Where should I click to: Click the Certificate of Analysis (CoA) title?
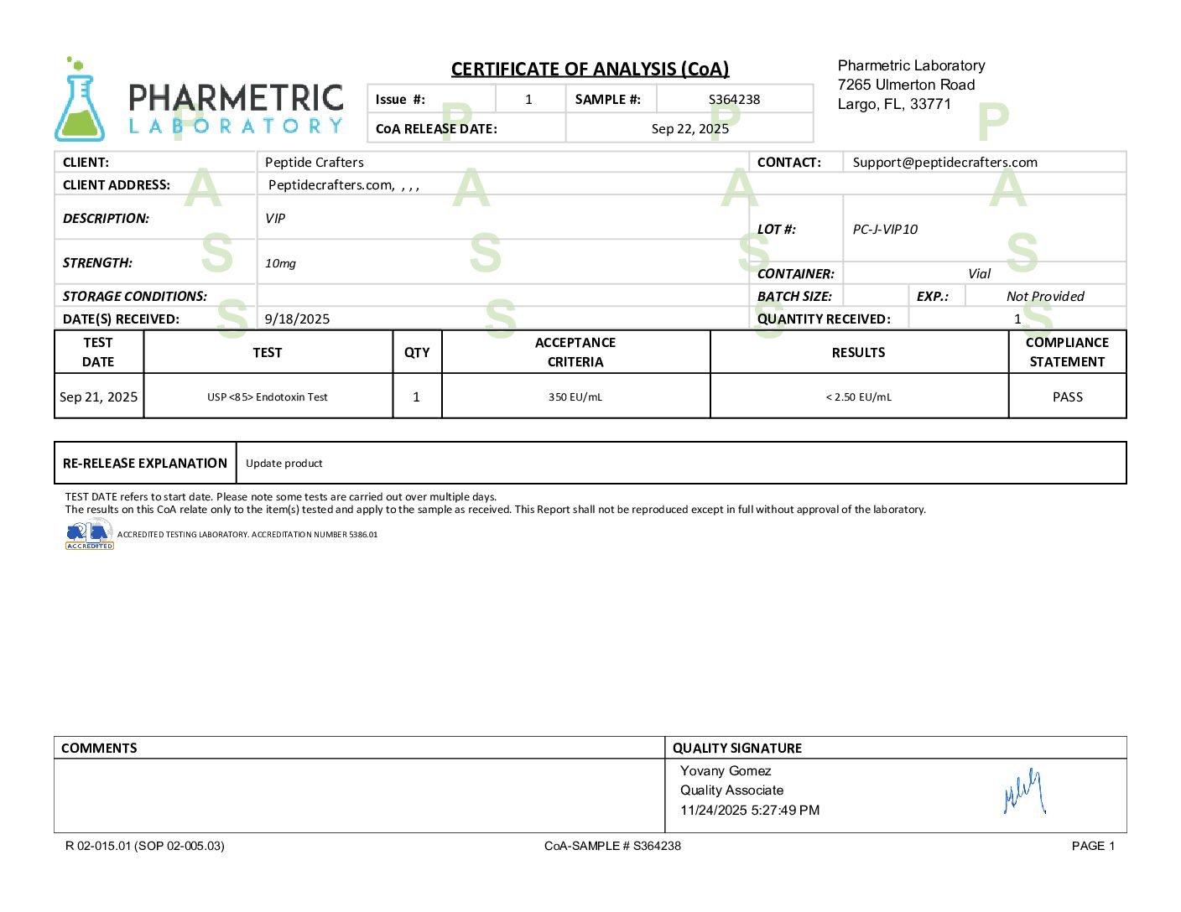[x=590, y=69]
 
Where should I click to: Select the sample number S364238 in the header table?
[x=734, y=99]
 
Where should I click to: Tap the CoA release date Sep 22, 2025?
[x=689, y=128]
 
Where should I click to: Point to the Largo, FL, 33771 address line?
[x=894, y=104]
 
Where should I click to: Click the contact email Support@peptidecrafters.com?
[x=944, y=162]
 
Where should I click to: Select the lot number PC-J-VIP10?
[x=885, y=229]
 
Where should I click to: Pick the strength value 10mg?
[x=280, y=263]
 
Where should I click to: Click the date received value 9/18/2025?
[x=297, y=319]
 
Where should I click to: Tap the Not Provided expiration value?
[x=1045, y=296]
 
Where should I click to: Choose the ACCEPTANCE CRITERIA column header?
[x=575, y=352]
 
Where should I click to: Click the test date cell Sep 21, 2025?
[x=98, y=396]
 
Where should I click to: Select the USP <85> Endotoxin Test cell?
[x=268, y=396]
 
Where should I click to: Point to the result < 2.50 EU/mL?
[x=858, y=396]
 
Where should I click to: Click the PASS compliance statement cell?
[x=1067, y=396]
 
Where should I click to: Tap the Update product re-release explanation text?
[x=284, y=463]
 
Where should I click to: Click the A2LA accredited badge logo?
[x=89, y=534]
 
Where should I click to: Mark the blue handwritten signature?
[x=1024, y=792]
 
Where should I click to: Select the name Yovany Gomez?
[x=725, y=770]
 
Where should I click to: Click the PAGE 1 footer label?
[x=1093, y=846]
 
